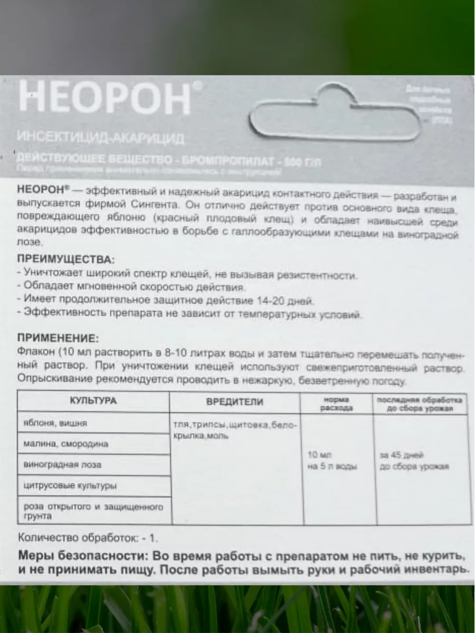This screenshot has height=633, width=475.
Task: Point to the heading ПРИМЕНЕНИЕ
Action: (x=58, y=338)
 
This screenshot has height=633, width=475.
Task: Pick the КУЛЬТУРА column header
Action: (x=93, y=401)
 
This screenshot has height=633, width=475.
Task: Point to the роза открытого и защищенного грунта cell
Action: (x=93, y=510)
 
